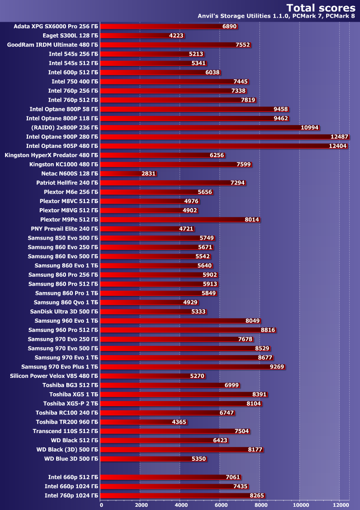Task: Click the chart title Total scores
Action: point(321,7)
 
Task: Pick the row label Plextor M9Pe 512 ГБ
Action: point(69,219)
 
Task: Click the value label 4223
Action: point(176,36)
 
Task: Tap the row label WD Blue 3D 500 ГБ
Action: point(71,459)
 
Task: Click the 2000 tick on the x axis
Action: point(141,504)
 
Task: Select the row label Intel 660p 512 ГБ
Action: point(73,477)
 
